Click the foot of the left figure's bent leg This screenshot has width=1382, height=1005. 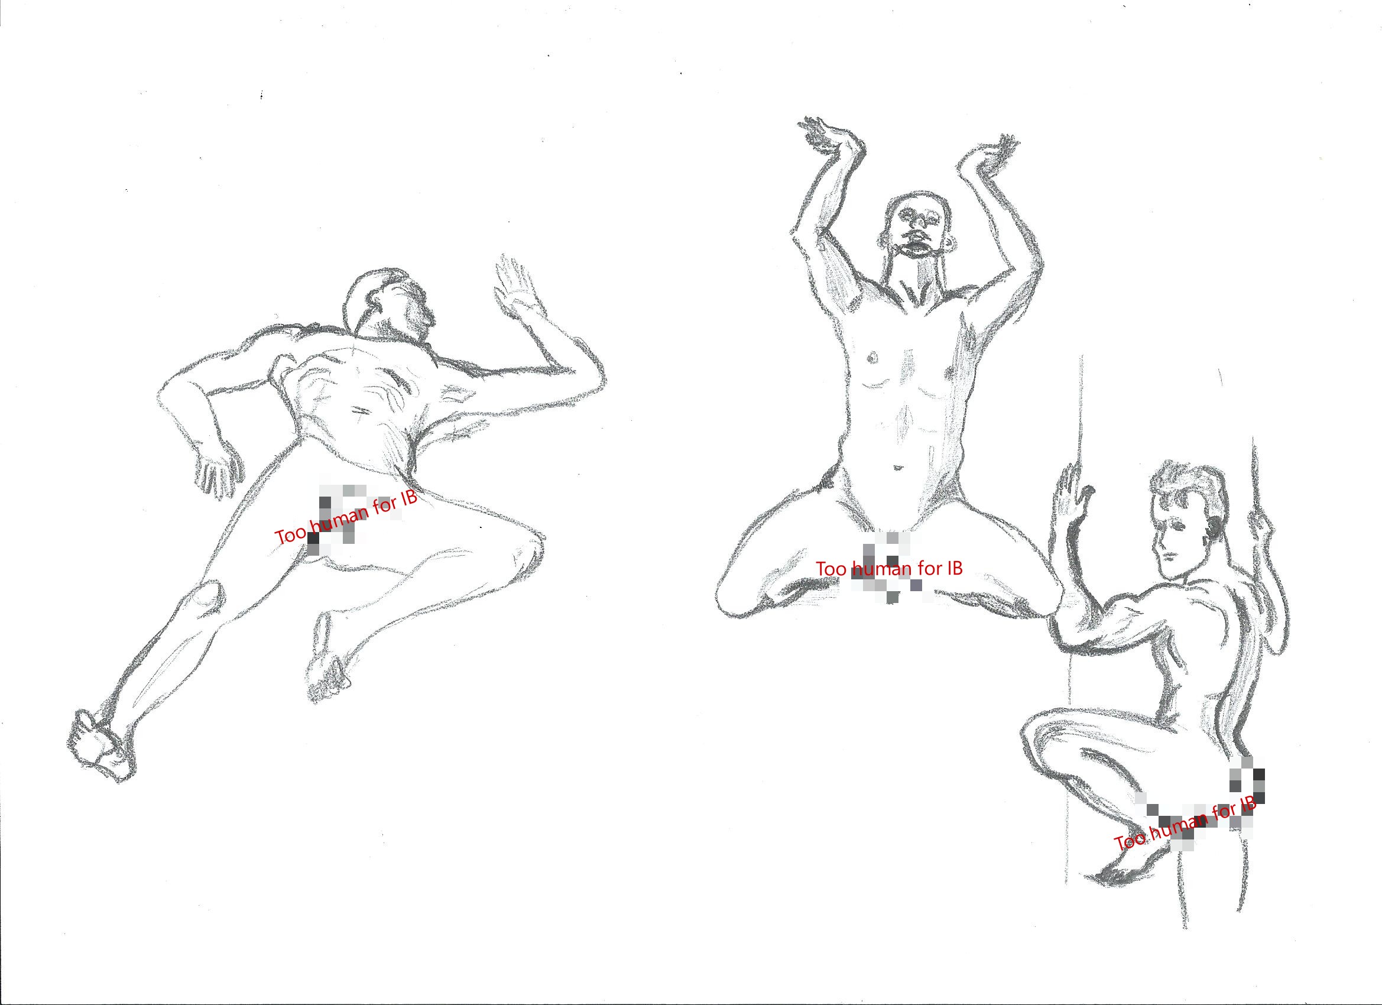point(329,670)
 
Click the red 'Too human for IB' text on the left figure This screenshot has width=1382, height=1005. point(346,517)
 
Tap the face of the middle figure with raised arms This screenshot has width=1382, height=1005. point(921,229)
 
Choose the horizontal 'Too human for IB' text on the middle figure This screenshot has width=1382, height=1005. point(889,568)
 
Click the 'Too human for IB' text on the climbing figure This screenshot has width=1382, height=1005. point(1185,824)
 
